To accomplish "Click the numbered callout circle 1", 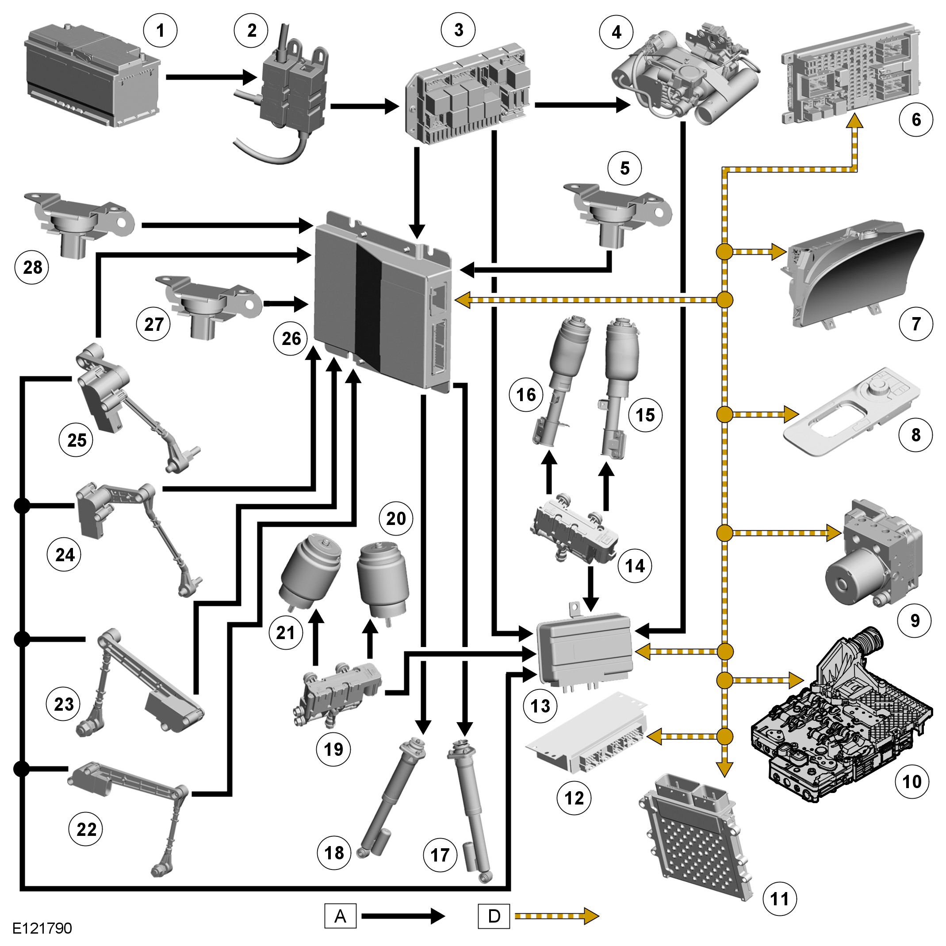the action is (x=160, y=31).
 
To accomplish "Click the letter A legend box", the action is (x=340, y=916).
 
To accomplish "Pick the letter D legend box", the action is (x=494, y=916).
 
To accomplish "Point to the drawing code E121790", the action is (x=42, y=928).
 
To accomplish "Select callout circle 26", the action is (x=291, y=338).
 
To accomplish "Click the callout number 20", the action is (x=396, y=518).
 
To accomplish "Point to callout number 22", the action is (x=86, y=830).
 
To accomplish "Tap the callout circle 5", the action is (x=625, y=169).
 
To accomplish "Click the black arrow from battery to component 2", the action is (x=211, y=77).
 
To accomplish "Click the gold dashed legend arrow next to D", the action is (x=557, y=916).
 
